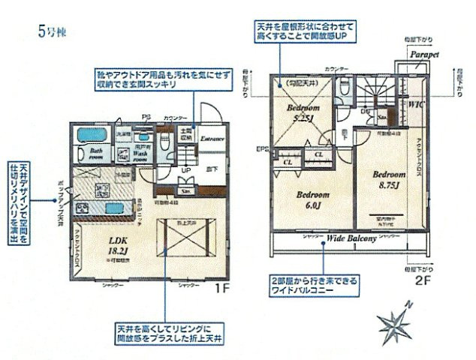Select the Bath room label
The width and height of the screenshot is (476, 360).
pyautogui.click(x=95, y=153)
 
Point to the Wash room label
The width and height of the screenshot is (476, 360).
pyautogui.click(x=140, y=153)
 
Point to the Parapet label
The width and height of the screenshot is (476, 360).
pyautogui.click(x=424, y=56)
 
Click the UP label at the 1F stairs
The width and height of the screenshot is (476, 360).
pyautogui.click(x=185, y=172)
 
